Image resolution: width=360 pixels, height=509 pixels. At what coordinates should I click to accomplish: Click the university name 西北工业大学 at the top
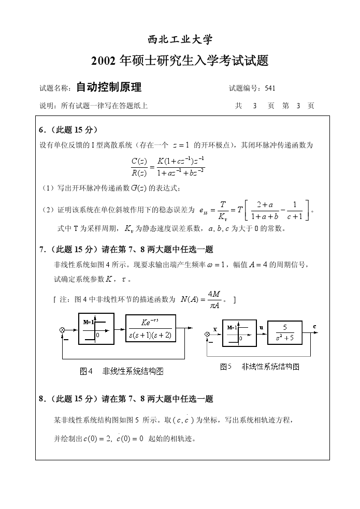(x=180, y=40)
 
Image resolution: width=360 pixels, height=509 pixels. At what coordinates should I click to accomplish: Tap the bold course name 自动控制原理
(x=108, y=87)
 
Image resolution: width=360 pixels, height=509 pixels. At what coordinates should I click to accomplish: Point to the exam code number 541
(x=270, y=88)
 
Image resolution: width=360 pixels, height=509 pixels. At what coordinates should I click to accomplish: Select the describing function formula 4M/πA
(x=213, y=299)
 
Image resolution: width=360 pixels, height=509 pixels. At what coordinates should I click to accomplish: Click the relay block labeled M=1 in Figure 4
(x=96, y=329)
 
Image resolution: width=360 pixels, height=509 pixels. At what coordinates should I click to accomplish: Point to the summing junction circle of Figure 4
(x=63, y=329)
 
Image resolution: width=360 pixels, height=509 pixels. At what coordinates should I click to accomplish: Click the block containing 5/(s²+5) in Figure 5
(x=284, y=332)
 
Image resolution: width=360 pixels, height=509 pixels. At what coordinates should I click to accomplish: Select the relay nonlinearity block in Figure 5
(x=239, y=332)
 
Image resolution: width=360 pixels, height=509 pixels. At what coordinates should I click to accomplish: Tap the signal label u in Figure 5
(x=261, y=327)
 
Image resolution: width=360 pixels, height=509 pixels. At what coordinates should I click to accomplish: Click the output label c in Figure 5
(x=314, y=326)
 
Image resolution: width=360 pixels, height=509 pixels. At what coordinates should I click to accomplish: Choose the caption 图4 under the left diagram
(x=86, y=371)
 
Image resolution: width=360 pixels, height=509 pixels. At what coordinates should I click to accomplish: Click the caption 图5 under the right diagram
(x=225, y=367)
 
